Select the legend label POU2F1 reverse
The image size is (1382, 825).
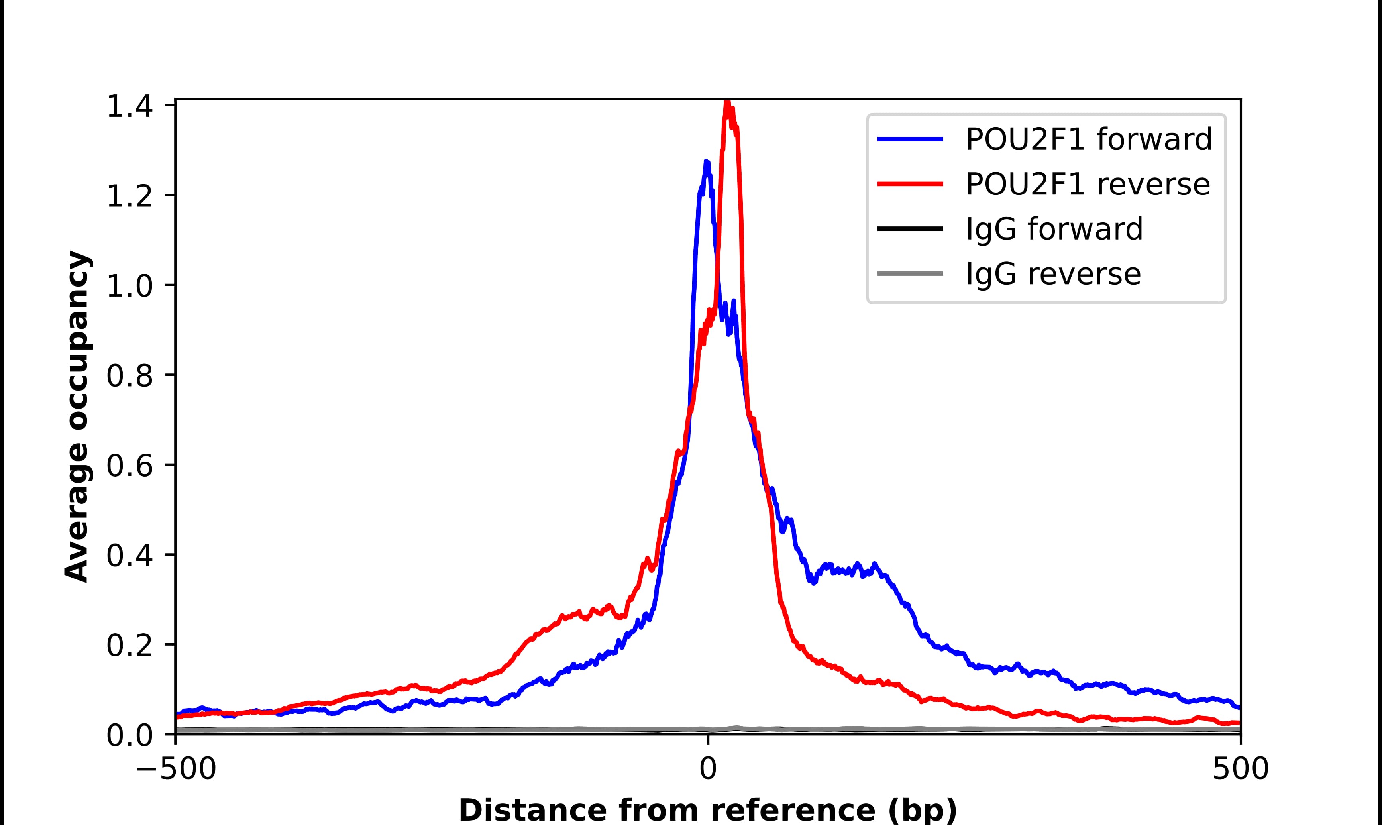coord(1088,184)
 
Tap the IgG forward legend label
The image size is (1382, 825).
coord(1054,229)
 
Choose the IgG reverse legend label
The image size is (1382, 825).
coord(1053,274)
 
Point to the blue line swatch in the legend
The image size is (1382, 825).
coord(910,139)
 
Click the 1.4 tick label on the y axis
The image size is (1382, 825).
coord(129,107)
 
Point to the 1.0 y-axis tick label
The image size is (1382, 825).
coord(129,286)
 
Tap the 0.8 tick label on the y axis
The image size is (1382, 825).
coord(129,376)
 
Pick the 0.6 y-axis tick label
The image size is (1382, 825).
coord(129,466)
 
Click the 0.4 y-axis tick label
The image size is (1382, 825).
coord(129,556)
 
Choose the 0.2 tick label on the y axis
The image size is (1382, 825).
coord(129,645)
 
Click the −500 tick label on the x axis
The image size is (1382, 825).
coord(176,770)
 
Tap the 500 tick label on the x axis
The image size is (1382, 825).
coord(1240,770)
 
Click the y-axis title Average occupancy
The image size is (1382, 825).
coord(77,417)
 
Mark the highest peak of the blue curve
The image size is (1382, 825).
coord(706,162)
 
